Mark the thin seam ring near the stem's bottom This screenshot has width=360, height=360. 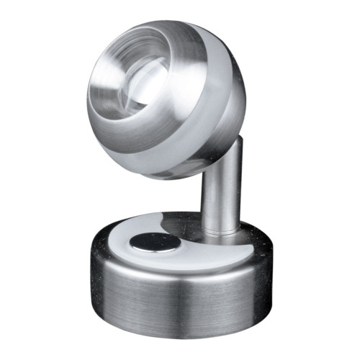pyautogui.click(x=220, y=231)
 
